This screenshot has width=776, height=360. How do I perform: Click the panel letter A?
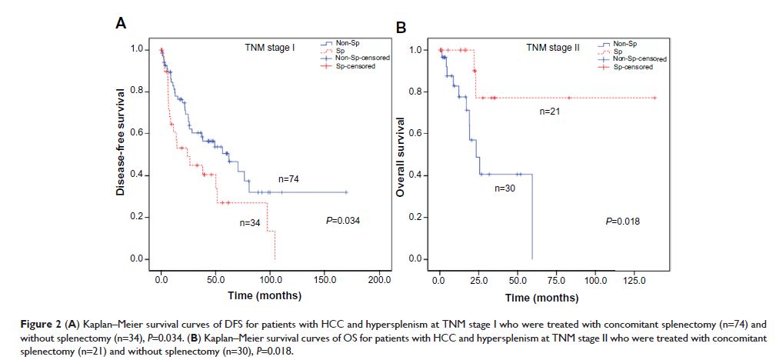[x=121, y=24]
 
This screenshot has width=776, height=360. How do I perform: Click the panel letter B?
[x=401, y=28]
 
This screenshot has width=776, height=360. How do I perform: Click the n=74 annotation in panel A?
[x=288, y=178]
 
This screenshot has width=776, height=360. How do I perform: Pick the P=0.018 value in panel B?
[x=622, y=222]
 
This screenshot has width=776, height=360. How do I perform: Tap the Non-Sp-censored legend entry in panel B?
[x=639, y=59]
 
